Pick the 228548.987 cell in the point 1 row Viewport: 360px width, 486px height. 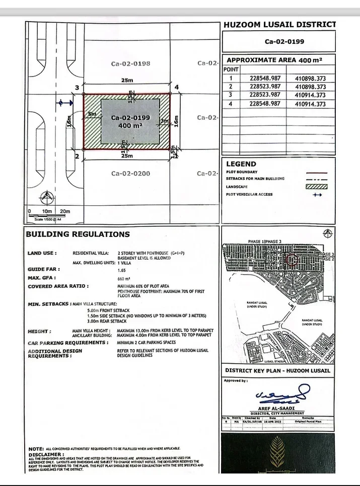pyautogui.click(x=265, y=78)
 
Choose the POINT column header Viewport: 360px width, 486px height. pyautogui.click(x=231, y=69)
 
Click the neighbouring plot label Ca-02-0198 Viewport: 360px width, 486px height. pyautogui.click(x=130, y=64)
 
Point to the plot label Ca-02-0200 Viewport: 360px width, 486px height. pyautogui.click(x=130, y=173)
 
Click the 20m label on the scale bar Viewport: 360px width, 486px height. pyautogui.click(x=64, y=211)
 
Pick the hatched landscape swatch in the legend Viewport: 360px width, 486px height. pyautogui.click(x=317, y=187)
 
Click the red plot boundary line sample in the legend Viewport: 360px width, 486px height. pyautogui.click(x=317, y=173)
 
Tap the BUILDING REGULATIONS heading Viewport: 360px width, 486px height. pyautogui.click(x=78, y=234)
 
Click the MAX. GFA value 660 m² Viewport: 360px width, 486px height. pyautogui.click(x=124, y=278)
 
